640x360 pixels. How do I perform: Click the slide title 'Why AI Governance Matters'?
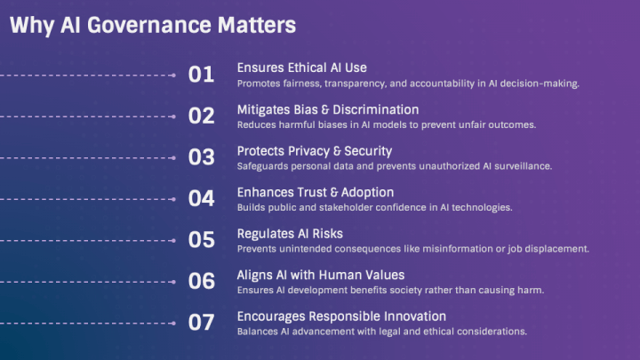tap(152, 26)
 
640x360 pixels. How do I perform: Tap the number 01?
tap(202, 75)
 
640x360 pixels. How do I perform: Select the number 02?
tap(202, 116)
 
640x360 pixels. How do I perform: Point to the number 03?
tap(202, 157)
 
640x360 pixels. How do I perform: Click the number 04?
tap(202, 198)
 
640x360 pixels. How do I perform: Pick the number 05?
tap(202, 240)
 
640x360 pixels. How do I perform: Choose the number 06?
tap(202, 281)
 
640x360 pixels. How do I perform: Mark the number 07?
tap(202, 323)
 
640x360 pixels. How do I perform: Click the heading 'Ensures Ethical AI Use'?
tap(301, 68)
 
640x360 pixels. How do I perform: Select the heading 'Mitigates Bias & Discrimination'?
tap(327, 109)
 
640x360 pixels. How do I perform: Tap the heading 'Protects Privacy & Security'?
tap(314, 150)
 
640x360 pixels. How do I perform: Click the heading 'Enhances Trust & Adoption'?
tap(315, 192)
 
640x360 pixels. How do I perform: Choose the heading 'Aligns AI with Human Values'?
tap(320, 275)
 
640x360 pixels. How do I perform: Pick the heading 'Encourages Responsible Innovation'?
tap(341, 316)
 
